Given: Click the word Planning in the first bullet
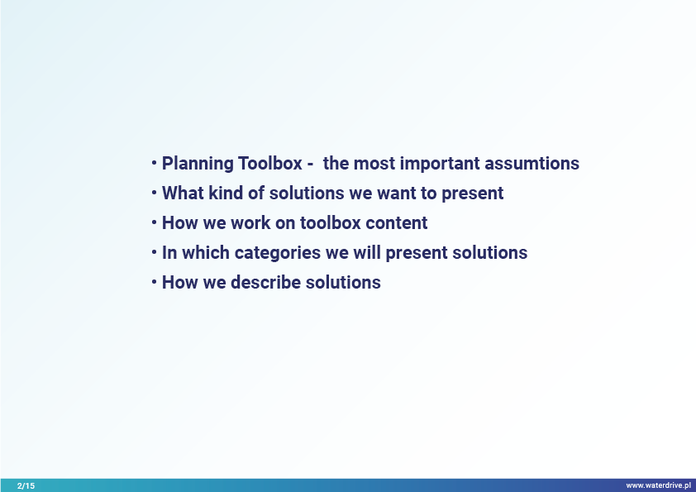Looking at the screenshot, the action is tap(198, 164).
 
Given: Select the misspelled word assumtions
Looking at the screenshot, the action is tap(532, 164).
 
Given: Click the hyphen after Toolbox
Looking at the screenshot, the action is tap(310, 165).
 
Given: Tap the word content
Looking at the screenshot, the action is tap(397, 223).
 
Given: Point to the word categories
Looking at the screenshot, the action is tap(278, 253).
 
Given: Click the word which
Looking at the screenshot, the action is tap(206, 253).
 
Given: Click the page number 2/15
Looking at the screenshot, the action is tap(26, 485).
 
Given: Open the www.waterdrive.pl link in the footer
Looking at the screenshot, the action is tap(658, 485).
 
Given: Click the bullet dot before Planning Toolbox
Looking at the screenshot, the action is tap(154, 163).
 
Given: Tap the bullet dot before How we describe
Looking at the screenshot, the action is tap(154, 282).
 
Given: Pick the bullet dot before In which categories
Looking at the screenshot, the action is tap(154, 252).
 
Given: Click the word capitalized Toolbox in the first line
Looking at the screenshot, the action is tap(269, 164).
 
